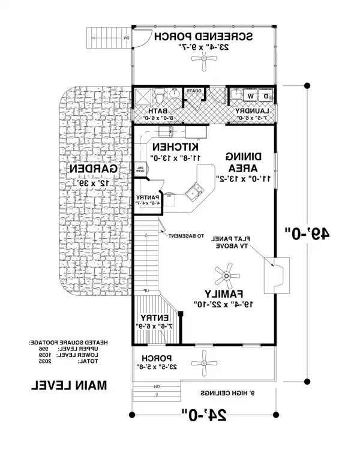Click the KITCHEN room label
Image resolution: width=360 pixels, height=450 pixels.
click(x=176, y=147)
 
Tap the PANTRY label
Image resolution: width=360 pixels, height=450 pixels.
click(x=146, y=198)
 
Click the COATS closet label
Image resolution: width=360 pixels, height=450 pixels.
click(x=193, y=91)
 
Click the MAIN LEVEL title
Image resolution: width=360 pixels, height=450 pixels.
click(x=68, y=385)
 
